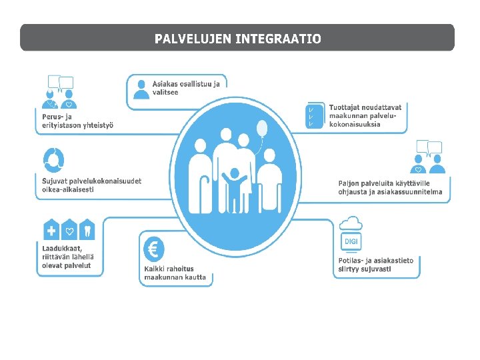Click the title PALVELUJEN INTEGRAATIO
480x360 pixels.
point(237,39)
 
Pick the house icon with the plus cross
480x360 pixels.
point(51,231)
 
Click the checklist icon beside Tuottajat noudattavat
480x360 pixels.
point(312,116)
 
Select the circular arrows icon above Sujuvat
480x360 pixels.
point(53,159)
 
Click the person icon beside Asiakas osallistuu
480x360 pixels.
point(140,89)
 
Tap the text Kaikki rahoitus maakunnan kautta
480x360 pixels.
point(175,273)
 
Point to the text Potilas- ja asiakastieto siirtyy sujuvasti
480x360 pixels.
point(375,265)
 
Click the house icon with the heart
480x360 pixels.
point(70,231)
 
